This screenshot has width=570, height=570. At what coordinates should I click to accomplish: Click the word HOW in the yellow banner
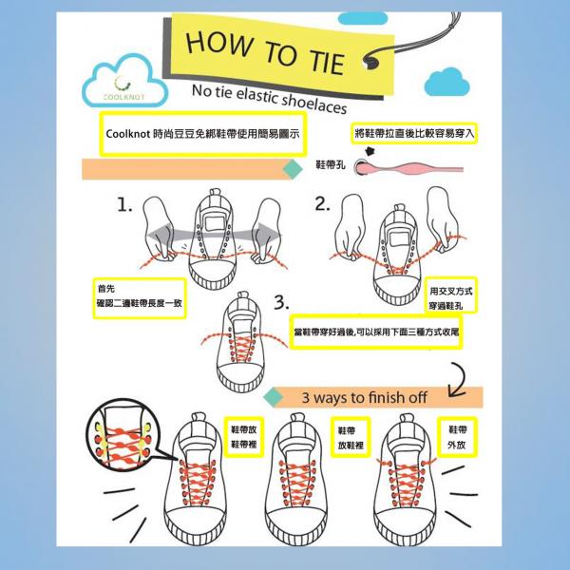(219, 44)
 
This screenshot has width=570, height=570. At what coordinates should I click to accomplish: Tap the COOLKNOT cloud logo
(124, 82)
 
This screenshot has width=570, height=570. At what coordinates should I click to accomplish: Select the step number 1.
(124, 204)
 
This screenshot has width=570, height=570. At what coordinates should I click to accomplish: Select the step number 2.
(322, 203)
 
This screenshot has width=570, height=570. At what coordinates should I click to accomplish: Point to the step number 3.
(281, 302)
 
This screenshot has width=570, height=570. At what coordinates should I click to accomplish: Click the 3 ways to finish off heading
(364, 397)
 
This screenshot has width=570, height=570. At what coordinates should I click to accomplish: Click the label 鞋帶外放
(457, 437)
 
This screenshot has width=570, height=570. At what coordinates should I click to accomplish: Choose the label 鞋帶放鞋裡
(351, 437)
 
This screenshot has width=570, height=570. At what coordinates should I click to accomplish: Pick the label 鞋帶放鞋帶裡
(243, 437)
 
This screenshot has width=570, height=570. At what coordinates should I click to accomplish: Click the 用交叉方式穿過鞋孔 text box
(450, 294)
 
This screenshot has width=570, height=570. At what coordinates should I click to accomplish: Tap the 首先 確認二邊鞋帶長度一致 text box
(140, 298)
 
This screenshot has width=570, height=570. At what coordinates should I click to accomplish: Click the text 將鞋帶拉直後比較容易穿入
(414, 133)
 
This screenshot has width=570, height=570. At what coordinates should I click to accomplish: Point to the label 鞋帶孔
(330, 165)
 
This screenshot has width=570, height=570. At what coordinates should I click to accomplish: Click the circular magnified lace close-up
(123, 435)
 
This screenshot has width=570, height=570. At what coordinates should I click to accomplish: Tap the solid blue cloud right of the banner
(446, 83)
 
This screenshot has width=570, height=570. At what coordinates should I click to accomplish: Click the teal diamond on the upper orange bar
(293, 169)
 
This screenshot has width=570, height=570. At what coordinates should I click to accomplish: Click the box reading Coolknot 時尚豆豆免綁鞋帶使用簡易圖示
(203, 134)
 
